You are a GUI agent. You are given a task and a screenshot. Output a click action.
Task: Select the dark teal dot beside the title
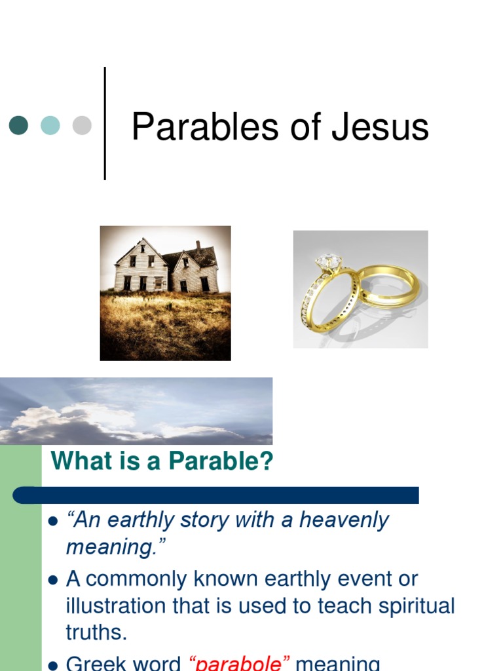click(x=19, y=125)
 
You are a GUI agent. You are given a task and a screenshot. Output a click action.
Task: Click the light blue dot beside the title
click(x=50, y=125)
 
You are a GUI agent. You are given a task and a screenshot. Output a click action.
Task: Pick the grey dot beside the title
click(x=82, y=125)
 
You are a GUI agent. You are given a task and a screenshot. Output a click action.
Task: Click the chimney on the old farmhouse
click(x=198, y=245)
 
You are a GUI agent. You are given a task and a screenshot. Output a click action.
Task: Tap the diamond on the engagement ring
click(x=328, y=261)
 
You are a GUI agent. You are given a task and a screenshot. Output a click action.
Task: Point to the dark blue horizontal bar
click(x=216, y=495)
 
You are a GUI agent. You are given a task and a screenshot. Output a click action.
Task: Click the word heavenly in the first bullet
click(x=345, y=520)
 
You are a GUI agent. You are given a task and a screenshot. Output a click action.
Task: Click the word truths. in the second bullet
click(x=96, y=632)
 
